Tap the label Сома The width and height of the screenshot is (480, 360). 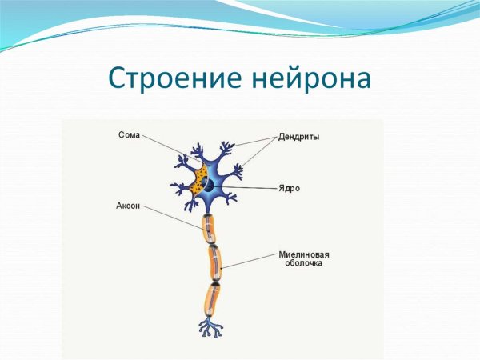129,136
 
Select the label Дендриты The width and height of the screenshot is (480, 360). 299,137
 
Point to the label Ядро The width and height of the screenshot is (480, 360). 290,188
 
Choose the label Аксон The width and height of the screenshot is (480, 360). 128,206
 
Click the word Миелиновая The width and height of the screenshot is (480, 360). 304,254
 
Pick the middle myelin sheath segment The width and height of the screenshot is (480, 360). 214,260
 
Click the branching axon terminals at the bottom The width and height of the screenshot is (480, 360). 211,327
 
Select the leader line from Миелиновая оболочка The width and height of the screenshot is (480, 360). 248,256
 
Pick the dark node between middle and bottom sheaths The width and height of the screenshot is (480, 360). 214,281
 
